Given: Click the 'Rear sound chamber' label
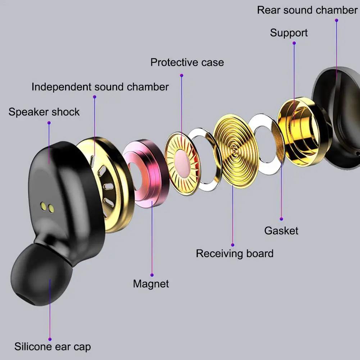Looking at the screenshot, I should (307, 10).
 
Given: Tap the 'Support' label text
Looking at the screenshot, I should (289, 33).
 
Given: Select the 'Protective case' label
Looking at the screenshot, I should (187, 62).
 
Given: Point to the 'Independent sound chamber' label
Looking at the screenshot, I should (100, 87).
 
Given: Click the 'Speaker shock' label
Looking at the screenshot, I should (44, 112).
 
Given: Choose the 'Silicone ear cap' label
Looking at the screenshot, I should (53, 347).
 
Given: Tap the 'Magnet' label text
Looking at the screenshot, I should (151, 283).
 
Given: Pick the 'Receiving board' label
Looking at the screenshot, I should (234, 253).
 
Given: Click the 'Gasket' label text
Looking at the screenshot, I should (281, 230).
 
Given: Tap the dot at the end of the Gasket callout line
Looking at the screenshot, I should (281, 218).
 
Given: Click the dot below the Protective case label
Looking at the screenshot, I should (182, 76).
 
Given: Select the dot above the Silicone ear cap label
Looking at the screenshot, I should (50, 339).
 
